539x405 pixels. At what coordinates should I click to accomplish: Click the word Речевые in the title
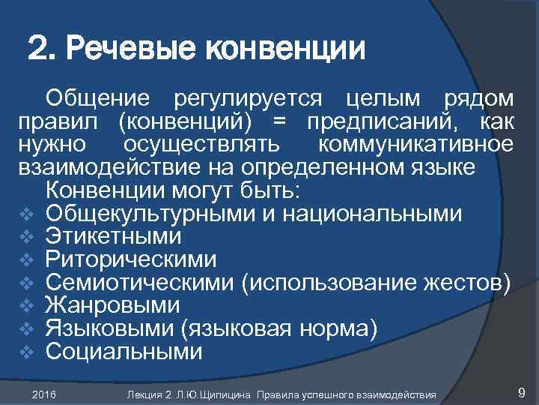[x=132, y=50]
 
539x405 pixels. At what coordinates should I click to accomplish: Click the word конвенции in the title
[x=286, y=50]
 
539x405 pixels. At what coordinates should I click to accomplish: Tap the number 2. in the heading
[x=42, y=50]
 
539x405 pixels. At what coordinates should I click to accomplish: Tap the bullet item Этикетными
[x=113, y=236]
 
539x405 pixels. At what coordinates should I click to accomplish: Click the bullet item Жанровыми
[x=112, y=305]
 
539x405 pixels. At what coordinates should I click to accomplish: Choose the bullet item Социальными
[x=124, y=351]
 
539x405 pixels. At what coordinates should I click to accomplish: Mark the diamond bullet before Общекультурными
[x=24, y=214]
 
